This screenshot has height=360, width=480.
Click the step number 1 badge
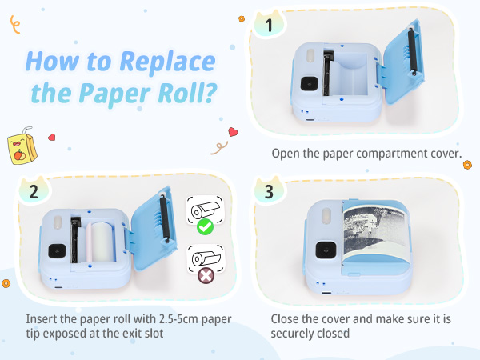(x=270, y=26)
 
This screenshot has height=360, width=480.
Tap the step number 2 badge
(x=34, y=192)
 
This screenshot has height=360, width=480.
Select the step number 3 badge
(x=270, y=192)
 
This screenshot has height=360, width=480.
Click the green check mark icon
(x=206, y=228)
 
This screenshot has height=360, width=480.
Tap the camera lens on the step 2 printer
(x=56, y=250)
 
